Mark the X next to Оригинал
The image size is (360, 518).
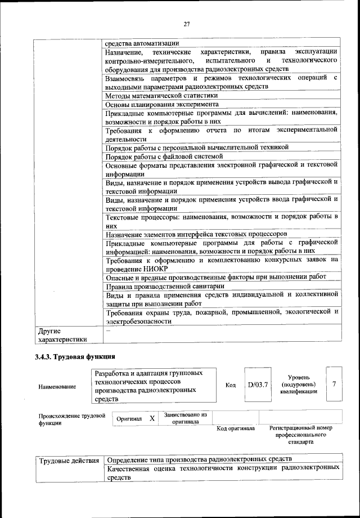click(x=152, y=419)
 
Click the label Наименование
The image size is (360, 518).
click(x=57, y=387)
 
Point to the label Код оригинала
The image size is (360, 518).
click(x=236, y=428)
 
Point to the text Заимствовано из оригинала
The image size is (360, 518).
click(x=186, y=418)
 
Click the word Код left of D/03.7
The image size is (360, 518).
click(x=230, y=385)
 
